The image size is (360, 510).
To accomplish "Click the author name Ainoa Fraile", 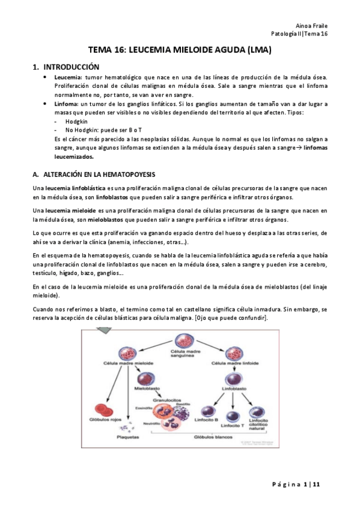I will tap(312, 25).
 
